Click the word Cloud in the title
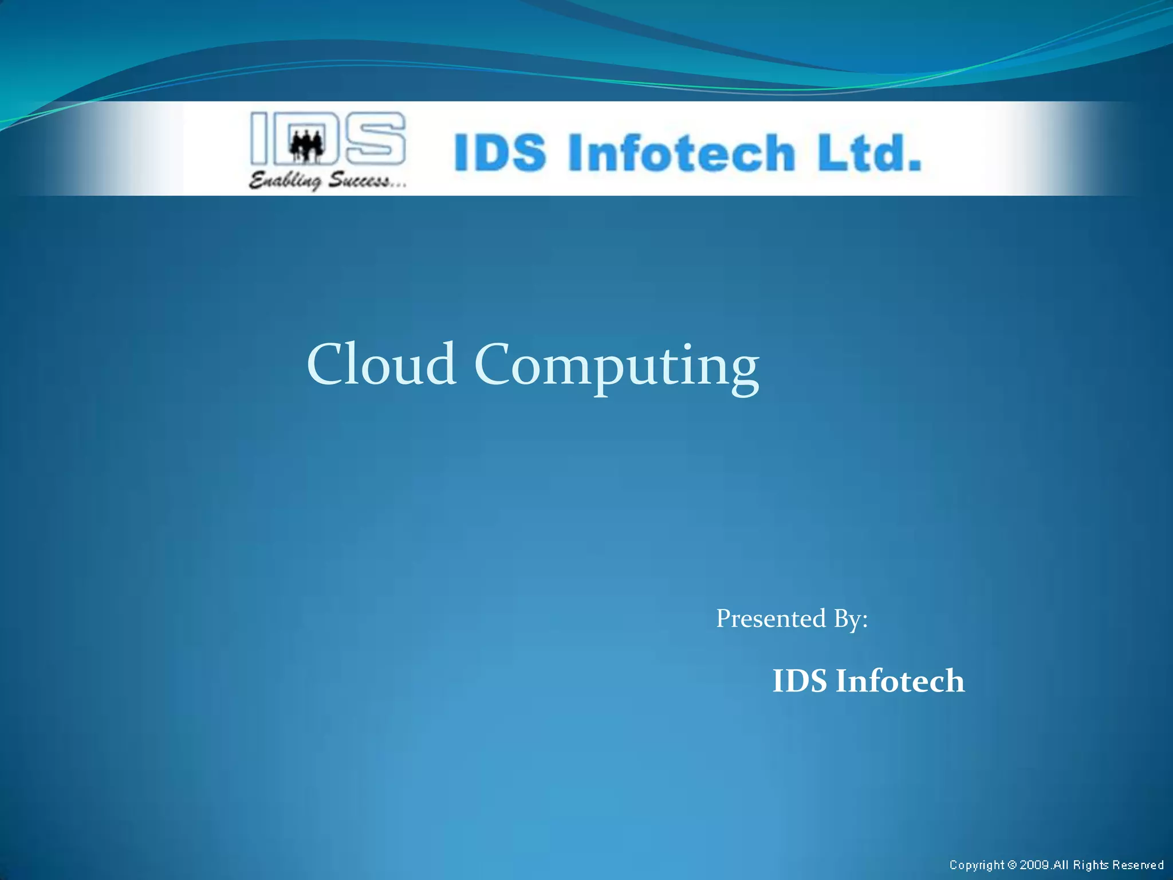coord(381,364)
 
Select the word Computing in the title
coord(616,367)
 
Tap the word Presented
coord(771,619)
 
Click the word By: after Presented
coord(851,619)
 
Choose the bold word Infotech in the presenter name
coord(900,681)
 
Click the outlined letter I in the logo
coord(259,137)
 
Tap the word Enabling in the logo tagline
coord(285,181)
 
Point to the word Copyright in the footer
coord(977,865)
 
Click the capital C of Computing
coord(493,364)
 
